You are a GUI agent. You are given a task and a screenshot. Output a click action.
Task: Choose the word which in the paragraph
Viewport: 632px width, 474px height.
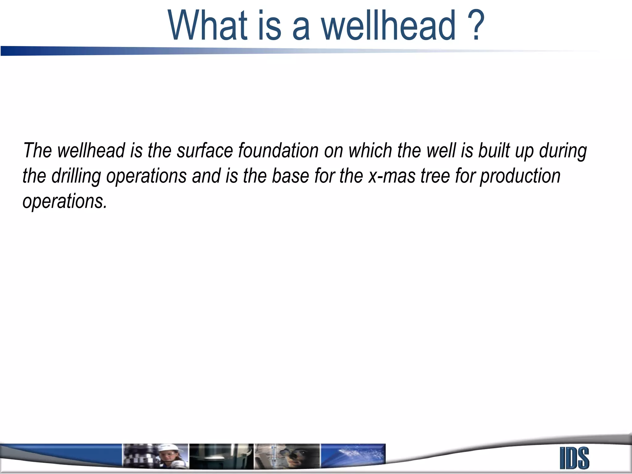point(370,151)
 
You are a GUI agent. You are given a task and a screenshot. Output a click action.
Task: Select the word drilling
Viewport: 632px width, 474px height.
point(76,177)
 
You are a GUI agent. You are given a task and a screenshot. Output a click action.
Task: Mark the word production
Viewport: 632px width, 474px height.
point(520,177)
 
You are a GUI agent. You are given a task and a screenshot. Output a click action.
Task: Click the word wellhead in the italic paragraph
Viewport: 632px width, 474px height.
point(91,151)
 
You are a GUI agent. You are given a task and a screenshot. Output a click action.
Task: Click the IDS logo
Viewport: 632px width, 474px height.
point(574,458)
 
